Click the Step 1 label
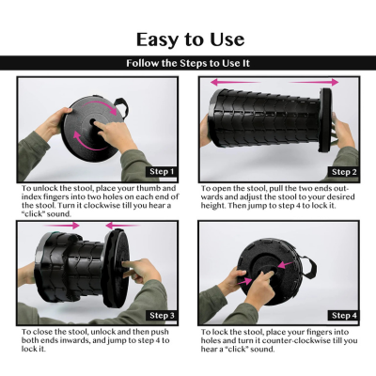pos(162,172)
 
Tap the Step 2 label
pos(344,172)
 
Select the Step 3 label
pos(162,315)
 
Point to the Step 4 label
pos(344,315)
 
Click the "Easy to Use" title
pos(190,39)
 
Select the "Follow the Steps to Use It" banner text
pos(188,63)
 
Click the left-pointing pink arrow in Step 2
pos(235,83)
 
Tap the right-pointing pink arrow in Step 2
pos(313,83)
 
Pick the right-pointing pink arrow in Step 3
pos(61,226)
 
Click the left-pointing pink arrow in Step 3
pos(122,226)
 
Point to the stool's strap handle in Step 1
pos(122,108)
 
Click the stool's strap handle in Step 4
pos(308,266)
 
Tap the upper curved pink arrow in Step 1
pos(102,104)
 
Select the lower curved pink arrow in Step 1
pos(88,143)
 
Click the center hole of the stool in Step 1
pos(93,121)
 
